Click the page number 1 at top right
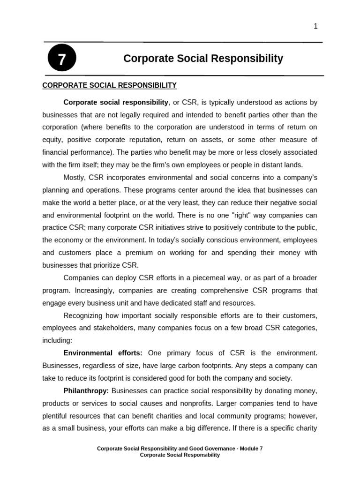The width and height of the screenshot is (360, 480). (x=315, y=26)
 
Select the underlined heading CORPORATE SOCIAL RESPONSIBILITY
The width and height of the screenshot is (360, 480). (x=109, y=85)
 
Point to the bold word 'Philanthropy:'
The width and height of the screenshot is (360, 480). (x=86, y=390)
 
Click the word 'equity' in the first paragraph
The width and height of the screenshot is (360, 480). (x=52, y=140)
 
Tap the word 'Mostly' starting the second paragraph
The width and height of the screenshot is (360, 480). (x=74, y=177)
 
